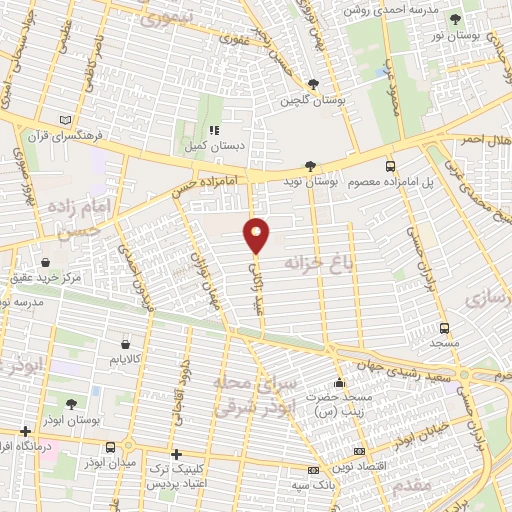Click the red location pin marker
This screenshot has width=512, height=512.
tap(257, 235)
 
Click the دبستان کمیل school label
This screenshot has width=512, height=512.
tap(213, 145)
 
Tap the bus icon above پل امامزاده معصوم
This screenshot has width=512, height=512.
tap(390, 168)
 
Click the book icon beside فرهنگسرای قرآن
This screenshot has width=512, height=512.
tap(66, 120)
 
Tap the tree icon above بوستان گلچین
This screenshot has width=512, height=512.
tap(313, 85)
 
